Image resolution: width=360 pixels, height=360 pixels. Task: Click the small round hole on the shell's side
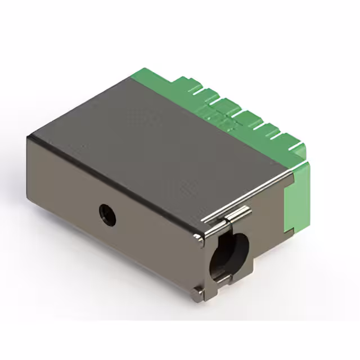pyautogui.click(x=107, y=214)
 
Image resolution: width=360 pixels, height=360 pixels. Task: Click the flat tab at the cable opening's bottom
pyautogui.click(x=222, y=278)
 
